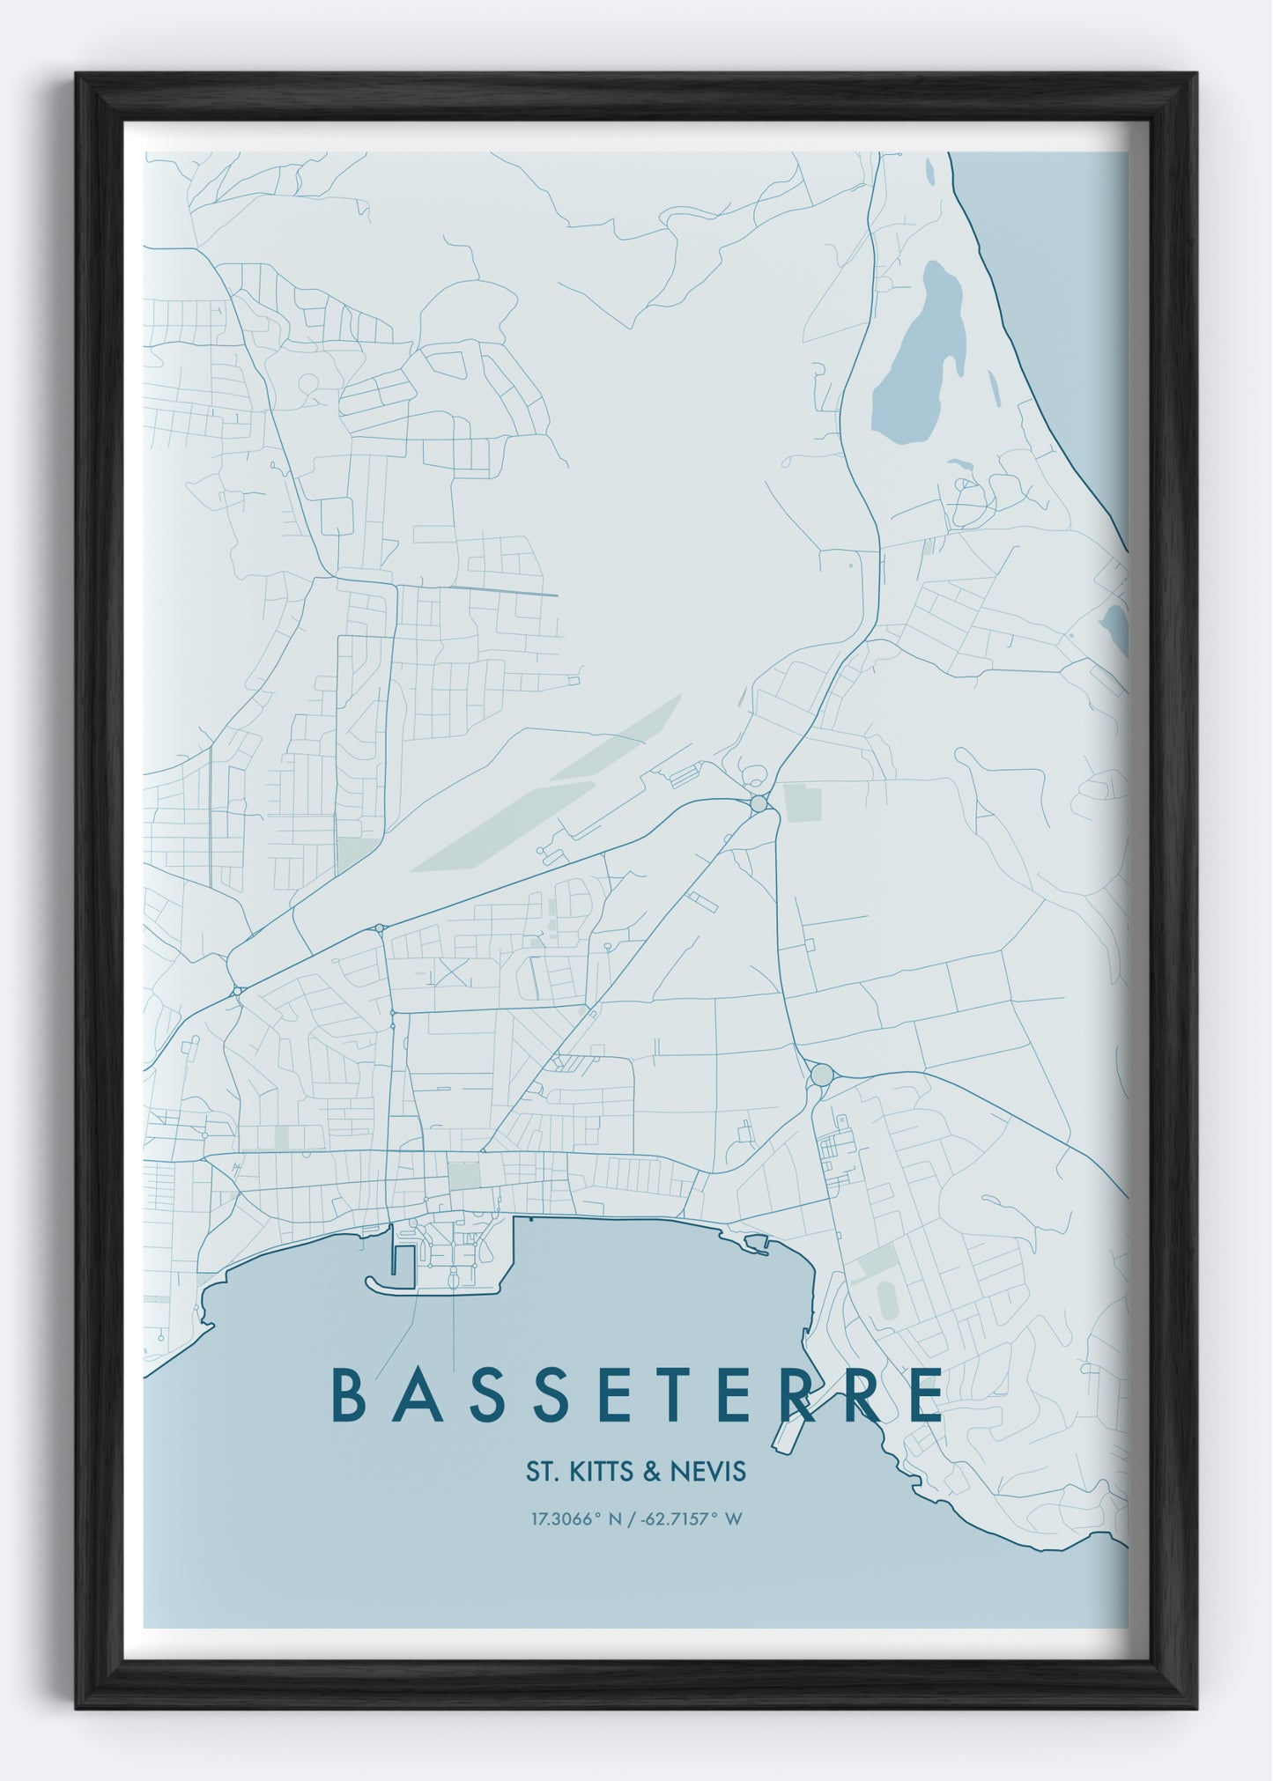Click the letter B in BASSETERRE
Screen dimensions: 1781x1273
coord(349,1420)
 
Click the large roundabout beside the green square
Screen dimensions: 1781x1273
coord(759,803)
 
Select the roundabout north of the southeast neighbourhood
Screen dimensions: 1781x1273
coord(821,1075)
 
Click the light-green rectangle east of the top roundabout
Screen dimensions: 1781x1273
coord(802,802)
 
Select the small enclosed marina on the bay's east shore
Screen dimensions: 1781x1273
coord(757,1243)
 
